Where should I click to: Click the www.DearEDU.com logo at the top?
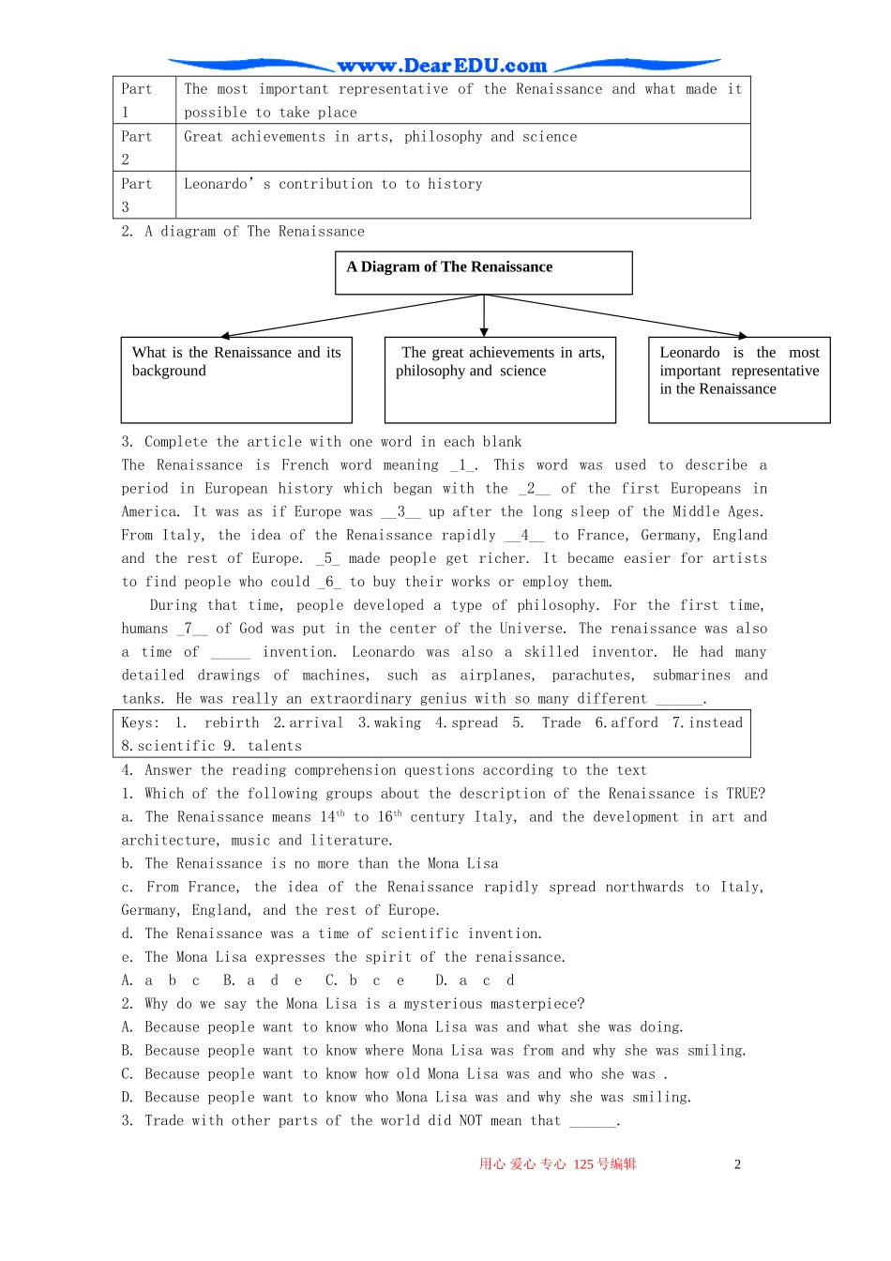pyautogui.click(x=442, y=66)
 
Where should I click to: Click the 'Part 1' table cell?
pyautogui.click(x=143, y=100)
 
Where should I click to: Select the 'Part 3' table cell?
pyautogui.click(x=143, y=195)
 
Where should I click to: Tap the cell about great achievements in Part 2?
pyautogui.click(x=380, y=137)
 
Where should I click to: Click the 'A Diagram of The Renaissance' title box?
pyautogui.click(x=483, y=272)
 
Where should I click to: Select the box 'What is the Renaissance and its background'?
pyautogui.click(x=236, y=380)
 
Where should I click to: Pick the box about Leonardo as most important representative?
pyautogui.click(x=739, y=380)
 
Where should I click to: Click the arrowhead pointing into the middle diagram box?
pyautogui.click(x=484, y=330)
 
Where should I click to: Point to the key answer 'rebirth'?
pyautogui.click(x=232, y=722)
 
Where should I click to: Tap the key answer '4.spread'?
pyautogui.click(x=466, y=722)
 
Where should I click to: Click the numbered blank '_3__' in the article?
pyautogui.click(x=400, y=511)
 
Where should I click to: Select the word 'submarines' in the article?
pyautogui.click(x=691, y=676)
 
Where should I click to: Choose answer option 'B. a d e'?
pyautogui.click(x=263, y=980)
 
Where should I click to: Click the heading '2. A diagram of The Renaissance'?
pyautogui.click(x=243, y=232)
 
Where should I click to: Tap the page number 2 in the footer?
pyautogui.click(x=737, y=1164)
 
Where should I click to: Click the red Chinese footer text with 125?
pyautogui.click(x=557, y=1164)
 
